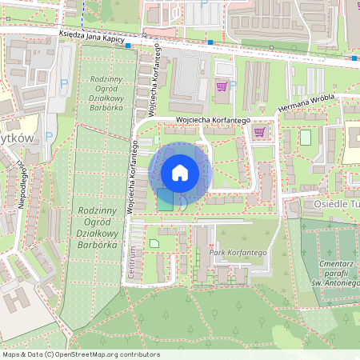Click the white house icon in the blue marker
(180, 172)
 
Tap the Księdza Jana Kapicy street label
(97, 35)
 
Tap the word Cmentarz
(337, 252)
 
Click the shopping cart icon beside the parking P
(222, 86)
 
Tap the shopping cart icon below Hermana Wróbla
(258, 132)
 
